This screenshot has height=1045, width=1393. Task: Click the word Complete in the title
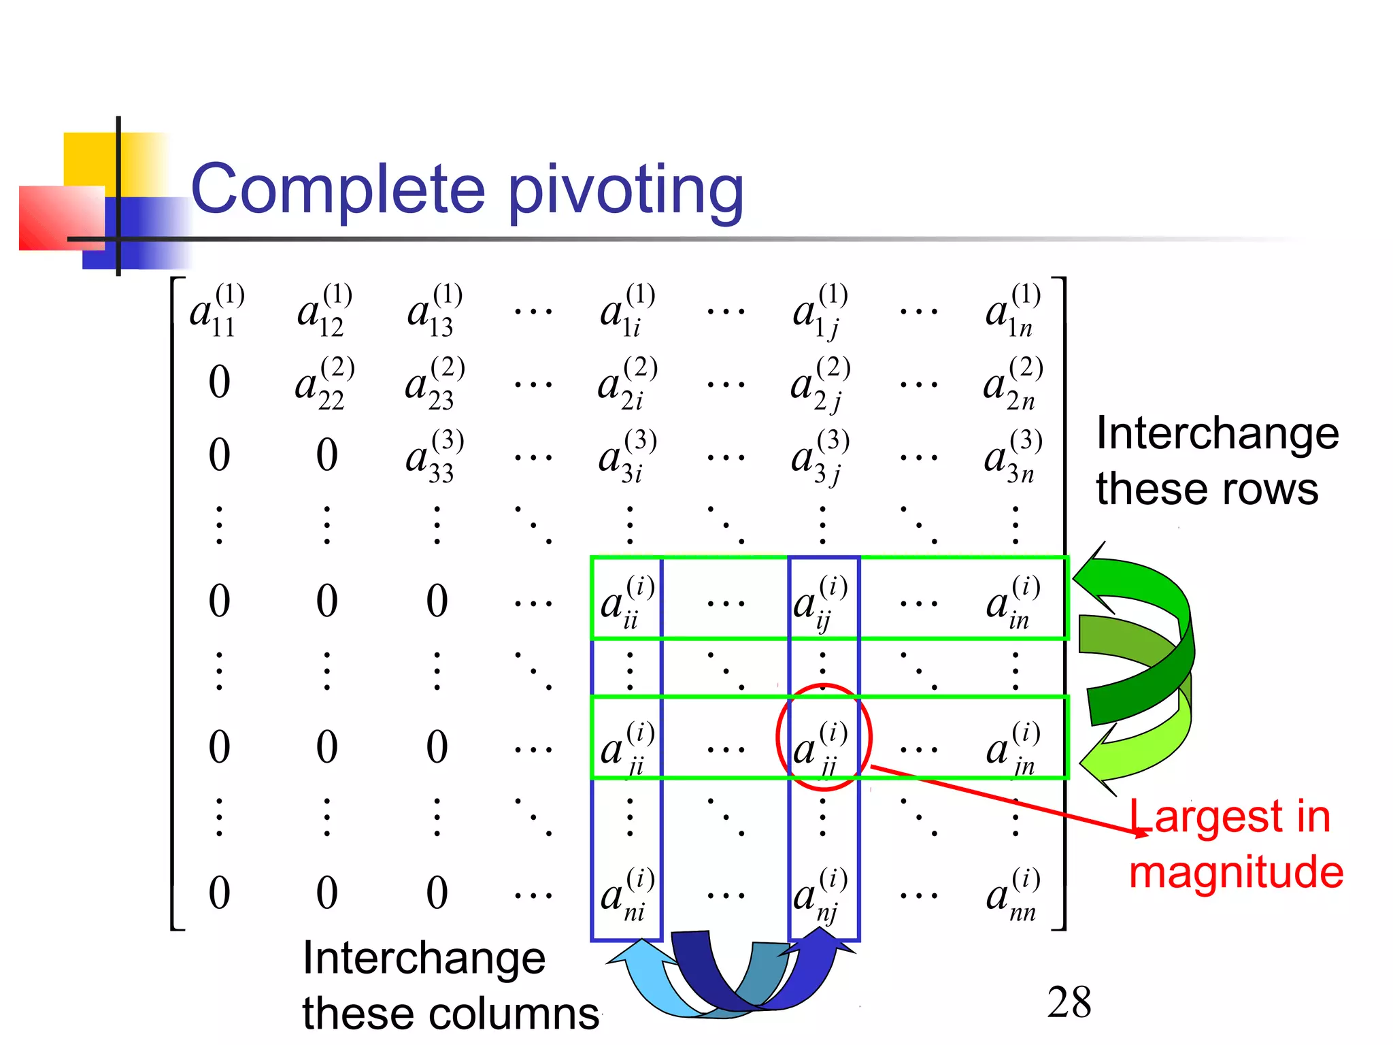pos(338,189)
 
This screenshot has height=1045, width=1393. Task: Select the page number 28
pos(1069,1002)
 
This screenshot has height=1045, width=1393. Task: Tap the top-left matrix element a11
pos(217,311)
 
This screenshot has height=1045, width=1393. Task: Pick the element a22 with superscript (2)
pos(324,383)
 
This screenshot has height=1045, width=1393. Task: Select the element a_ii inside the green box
pos(626,602)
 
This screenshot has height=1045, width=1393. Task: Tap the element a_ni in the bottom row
pos(626,893)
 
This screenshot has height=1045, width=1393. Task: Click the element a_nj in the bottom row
pos(820,893)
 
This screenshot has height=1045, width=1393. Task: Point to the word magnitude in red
pos(1235,872)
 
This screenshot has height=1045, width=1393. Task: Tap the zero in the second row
pos(219,382)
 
